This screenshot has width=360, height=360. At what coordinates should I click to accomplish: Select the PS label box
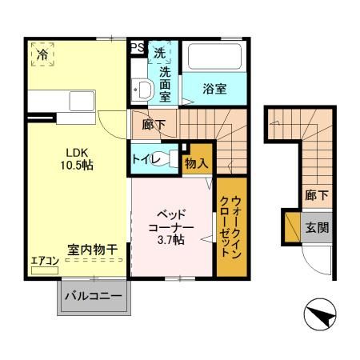point(138,47)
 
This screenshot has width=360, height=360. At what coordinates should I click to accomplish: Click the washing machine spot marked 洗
point(160,53)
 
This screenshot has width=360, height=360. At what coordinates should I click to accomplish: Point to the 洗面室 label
point(165,84)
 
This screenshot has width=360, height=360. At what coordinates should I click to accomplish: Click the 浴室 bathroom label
point(214,89)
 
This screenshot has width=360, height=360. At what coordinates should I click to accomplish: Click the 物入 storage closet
point(196,162)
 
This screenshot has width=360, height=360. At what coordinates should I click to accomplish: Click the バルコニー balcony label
point(92,298)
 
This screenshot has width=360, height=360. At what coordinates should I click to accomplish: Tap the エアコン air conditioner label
point(44,260)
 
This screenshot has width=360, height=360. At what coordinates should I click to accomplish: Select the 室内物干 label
point(93,250)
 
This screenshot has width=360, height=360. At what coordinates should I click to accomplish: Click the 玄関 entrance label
point(317,226)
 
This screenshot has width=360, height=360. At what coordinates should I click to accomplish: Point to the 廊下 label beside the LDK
point(153,125)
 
